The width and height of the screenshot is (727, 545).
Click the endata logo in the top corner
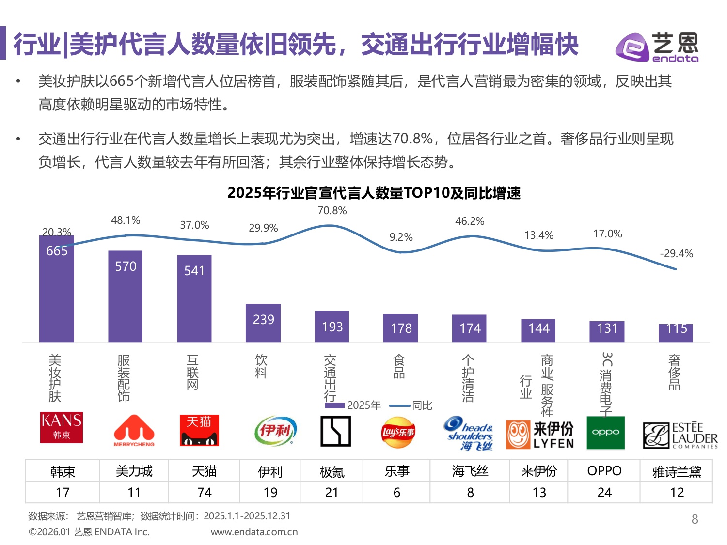657,47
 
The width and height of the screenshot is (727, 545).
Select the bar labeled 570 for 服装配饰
126,296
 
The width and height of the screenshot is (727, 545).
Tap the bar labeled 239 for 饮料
263,323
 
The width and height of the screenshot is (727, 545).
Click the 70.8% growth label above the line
332,211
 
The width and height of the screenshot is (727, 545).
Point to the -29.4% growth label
676,254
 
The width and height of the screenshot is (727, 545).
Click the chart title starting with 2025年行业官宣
374,193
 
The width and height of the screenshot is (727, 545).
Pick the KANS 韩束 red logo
62,427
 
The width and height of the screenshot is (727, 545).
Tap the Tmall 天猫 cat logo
199,430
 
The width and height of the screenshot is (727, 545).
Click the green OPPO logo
605,433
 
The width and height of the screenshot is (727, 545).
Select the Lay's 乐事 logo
398,432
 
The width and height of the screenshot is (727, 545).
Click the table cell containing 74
205,492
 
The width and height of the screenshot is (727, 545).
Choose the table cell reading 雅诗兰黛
677,471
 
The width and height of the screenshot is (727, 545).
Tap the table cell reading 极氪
332,471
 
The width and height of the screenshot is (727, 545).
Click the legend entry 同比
411,405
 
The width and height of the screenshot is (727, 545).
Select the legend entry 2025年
353,405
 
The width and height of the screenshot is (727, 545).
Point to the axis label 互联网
192,372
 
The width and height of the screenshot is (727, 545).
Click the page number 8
695,519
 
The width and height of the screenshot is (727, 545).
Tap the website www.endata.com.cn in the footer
254,532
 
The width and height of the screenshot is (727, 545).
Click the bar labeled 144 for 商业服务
538,330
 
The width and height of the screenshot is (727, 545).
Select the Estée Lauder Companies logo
680,435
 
